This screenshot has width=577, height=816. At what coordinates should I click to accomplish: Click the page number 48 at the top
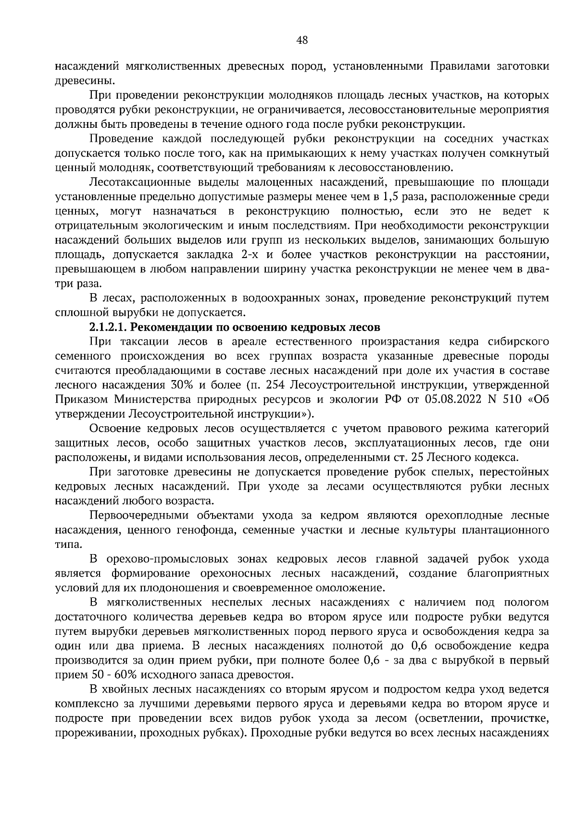click(302, 40)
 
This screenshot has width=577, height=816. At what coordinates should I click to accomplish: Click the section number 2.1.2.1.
click(108, 327)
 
